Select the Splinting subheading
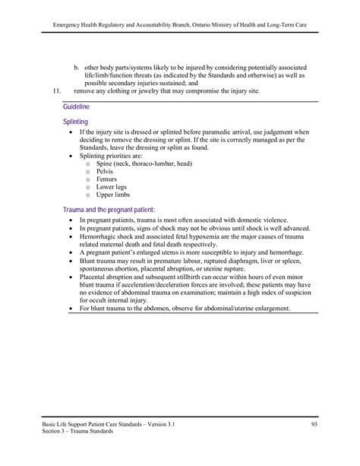[76, 122]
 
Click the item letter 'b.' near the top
[77, 67]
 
